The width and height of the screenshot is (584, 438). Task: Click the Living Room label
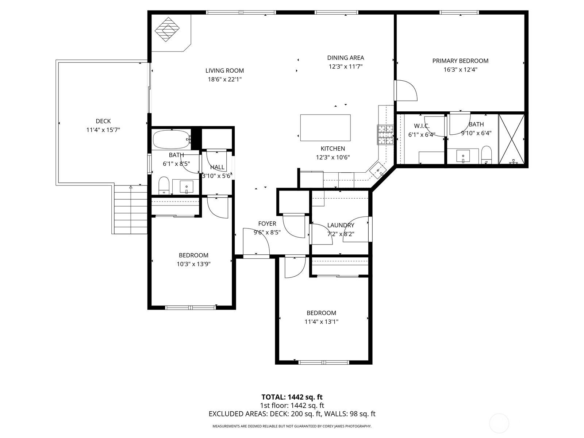click(x=224, y=71)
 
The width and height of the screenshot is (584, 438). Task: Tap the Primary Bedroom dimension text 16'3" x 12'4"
click(x=460, y=70)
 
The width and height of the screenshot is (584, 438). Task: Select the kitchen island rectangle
click(x=325, y=128)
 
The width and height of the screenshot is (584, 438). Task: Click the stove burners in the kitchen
click(x=385, y=135)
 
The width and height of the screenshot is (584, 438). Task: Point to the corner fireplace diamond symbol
click(x=168, y=30)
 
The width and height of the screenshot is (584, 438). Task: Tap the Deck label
click(x=103, y=121)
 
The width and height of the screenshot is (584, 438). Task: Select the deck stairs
click(x=130, y=210)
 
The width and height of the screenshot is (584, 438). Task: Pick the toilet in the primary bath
click(x=487, y=155)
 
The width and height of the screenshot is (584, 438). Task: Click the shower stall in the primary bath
click(x=512, y=139)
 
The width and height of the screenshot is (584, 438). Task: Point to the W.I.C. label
click(x=422, y=126)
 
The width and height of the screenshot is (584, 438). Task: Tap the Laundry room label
click(x=341, y=225)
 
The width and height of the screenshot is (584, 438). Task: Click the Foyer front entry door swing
click(x=257, y=243)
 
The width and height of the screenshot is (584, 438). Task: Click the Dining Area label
click(x=345, y=58)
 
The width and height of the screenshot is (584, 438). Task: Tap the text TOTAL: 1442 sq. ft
click(x=292, y=397)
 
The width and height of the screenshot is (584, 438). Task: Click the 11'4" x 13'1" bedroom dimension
click(x=321, y=322)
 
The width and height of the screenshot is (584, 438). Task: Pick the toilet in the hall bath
click(x=164, y=185)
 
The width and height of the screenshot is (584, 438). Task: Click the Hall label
click(x=217, y=167)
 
